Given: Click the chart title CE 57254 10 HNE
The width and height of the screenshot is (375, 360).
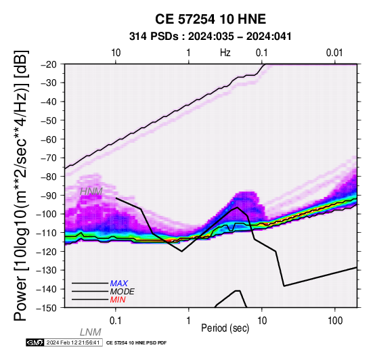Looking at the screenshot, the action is [211, 19].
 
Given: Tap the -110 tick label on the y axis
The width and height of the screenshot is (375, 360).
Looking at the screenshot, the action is [47, 233].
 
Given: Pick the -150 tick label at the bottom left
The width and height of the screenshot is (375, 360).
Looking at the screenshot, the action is [47, 308].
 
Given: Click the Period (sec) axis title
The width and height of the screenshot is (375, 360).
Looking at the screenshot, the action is [225, 328].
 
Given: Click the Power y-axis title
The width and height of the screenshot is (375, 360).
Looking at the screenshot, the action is [21, 185].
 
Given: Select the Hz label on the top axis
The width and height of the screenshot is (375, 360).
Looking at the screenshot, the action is [225, 53].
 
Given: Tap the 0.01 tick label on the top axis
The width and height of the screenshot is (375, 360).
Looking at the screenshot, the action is [334, 53].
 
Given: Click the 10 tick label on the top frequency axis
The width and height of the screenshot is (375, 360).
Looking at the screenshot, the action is [116, 53].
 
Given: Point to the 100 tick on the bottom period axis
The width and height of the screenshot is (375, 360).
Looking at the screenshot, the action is [335, 321].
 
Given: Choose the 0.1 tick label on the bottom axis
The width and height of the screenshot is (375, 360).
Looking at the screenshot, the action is [115, 321].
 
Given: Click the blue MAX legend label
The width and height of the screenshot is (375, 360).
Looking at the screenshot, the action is [119, 284].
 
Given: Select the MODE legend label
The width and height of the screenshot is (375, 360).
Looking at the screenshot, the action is [123, 292].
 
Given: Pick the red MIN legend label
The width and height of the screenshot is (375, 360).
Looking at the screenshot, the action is [118, 300].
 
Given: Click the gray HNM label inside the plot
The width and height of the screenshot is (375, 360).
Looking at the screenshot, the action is [91, 192].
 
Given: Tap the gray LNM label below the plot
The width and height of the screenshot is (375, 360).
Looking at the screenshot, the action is [91, 332].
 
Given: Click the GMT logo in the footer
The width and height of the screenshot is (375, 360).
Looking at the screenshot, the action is [35, 342].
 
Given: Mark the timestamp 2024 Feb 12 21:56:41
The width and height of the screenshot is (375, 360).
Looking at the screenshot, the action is [73, 342].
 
